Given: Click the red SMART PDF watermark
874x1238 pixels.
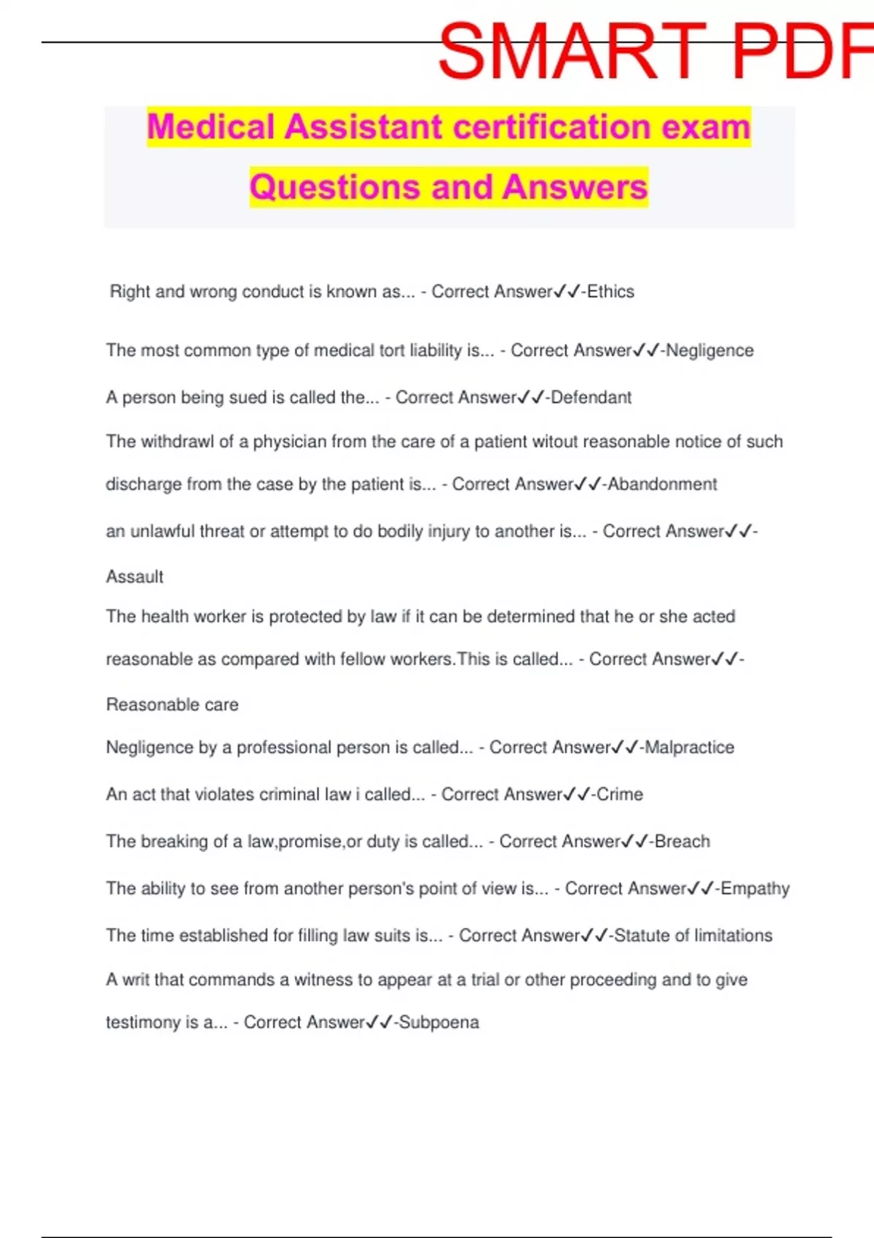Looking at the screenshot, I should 655,51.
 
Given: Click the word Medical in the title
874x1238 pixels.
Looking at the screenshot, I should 212,127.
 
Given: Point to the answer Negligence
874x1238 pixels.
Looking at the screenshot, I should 709,350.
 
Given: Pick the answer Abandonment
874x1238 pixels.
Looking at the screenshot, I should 662,484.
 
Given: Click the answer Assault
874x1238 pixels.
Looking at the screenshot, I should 135,577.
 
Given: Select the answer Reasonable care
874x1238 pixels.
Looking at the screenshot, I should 172,705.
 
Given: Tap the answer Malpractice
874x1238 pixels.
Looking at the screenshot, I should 689,747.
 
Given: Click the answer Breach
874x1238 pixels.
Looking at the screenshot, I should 682,842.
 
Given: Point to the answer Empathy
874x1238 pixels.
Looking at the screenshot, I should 755,888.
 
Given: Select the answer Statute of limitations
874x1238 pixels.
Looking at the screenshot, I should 693,936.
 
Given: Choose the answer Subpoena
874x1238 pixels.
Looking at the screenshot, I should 438,1022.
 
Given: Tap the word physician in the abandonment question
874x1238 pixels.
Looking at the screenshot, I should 288,442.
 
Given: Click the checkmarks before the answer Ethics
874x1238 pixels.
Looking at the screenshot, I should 567,292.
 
